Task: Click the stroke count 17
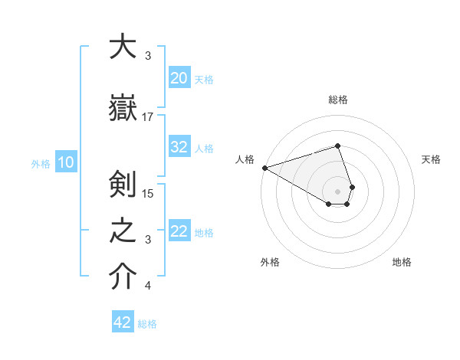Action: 148,116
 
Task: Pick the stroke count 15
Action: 149,193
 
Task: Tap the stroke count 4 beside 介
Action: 148,286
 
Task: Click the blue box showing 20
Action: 179,78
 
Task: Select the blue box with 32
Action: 179,147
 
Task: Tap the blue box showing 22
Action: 179,231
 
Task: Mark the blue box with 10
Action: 65,162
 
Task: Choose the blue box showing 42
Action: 122,322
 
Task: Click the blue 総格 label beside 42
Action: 147,324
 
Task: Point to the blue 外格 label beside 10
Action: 41,163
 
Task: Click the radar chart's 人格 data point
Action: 264,168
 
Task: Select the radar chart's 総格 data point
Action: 337,146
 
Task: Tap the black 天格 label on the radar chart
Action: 432,159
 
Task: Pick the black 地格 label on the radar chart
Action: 402,262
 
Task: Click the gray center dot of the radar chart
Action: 337,191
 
